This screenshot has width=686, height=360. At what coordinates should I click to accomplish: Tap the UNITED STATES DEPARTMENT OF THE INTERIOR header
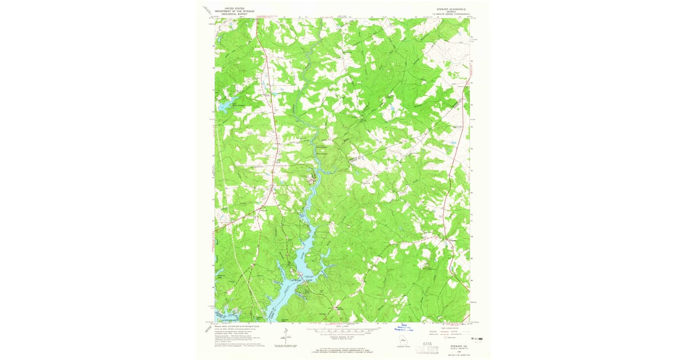coord(233,10)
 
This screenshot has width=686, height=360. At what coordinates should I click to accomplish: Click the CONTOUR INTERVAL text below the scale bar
coord(342,337)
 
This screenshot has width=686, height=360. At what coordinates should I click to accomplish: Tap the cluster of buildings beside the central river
coord(312,182)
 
